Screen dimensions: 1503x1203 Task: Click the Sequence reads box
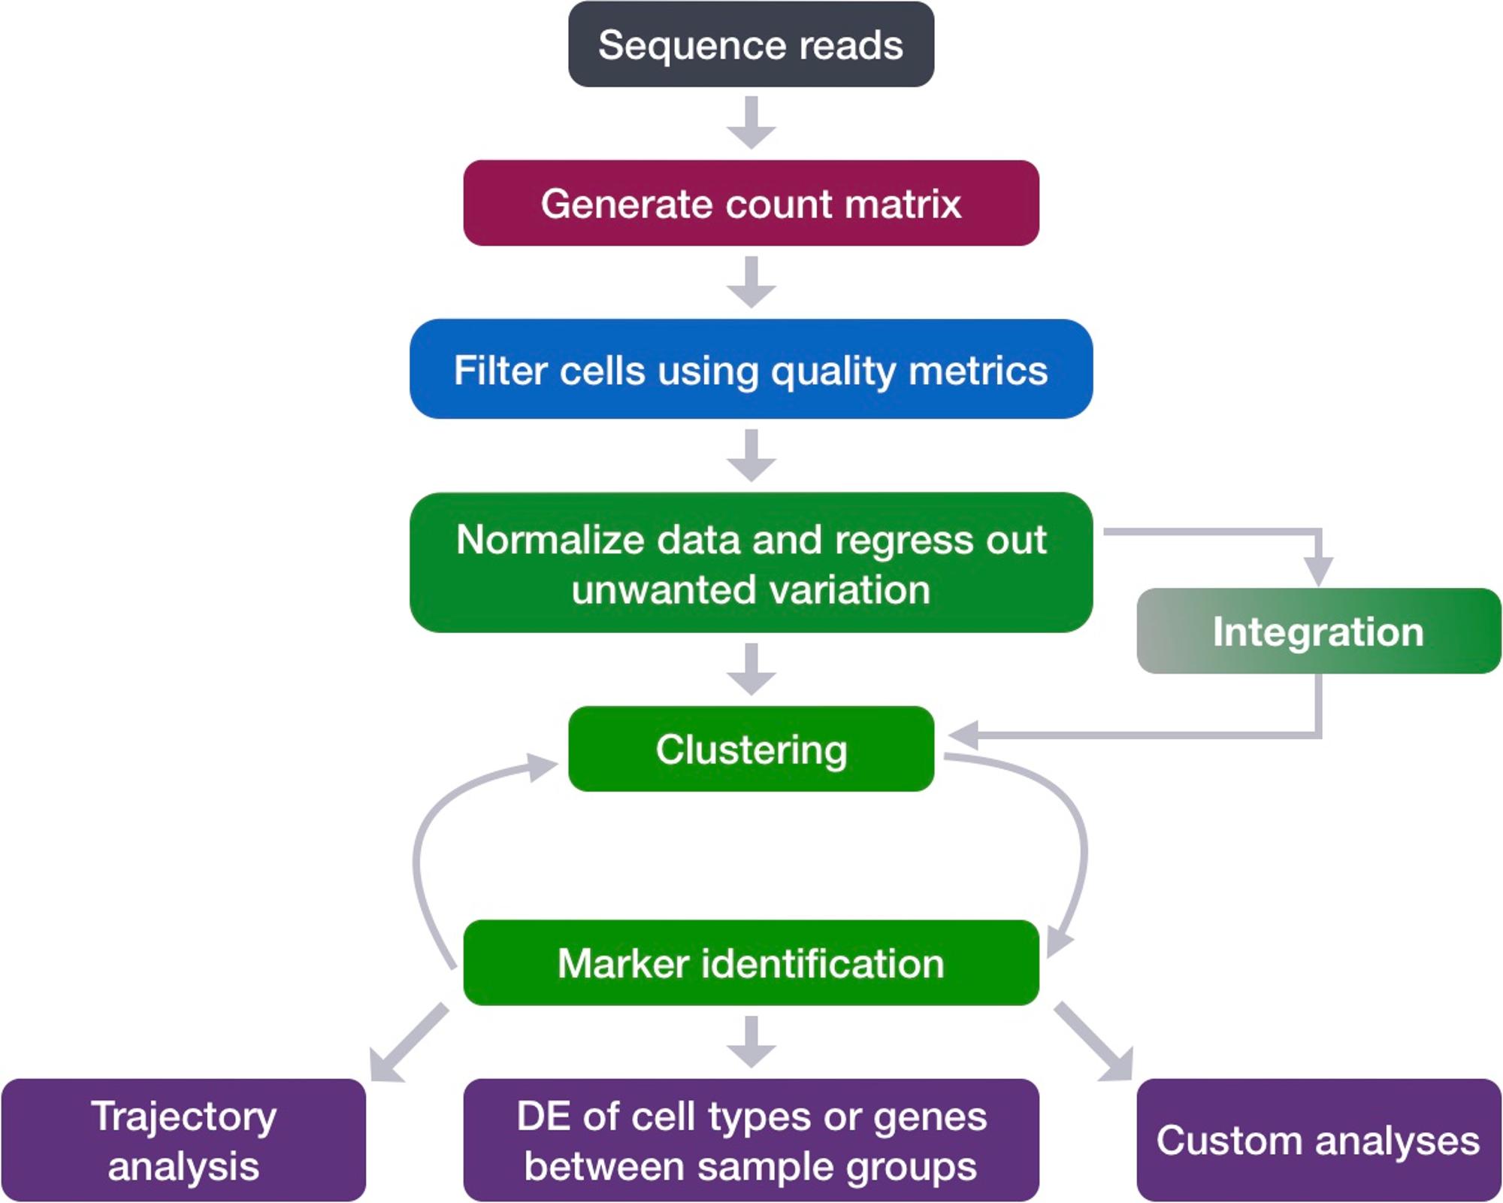751,44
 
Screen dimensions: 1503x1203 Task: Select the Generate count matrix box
751,203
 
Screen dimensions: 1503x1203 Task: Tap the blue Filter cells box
751,369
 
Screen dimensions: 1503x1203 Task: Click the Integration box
1319,631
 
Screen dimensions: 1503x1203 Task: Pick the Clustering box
751,749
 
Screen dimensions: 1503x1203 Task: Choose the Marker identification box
751,962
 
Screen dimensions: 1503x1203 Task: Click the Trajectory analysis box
183,1140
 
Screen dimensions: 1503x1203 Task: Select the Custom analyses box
1319,1140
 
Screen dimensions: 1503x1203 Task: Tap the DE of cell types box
751,1140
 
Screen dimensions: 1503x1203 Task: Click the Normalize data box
751,562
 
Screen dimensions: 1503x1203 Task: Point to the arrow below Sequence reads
751,123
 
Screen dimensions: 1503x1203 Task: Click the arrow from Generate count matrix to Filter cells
751,282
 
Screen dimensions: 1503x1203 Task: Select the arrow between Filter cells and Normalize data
751,456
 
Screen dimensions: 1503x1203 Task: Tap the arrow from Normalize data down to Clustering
751,669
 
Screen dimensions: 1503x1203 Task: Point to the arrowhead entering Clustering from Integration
963,735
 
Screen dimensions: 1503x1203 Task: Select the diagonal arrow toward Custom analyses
1093,1042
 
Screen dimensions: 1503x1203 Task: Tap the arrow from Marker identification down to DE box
751,1042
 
